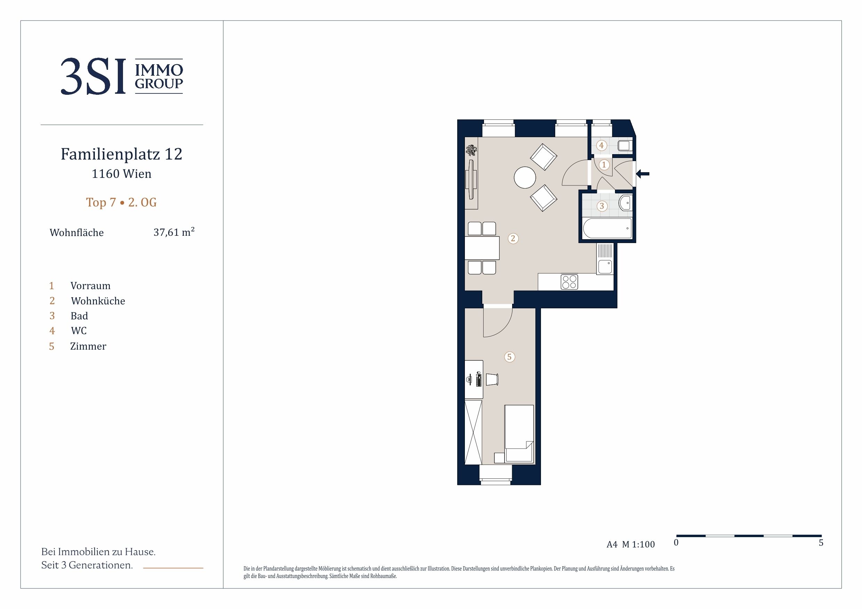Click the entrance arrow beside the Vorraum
click(643, 174)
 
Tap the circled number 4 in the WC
click(601, 145)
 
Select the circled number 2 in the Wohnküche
click(513, 238)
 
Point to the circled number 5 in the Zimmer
click(509, 357)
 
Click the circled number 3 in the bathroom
click(602, 206)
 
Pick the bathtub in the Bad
click(607, 228)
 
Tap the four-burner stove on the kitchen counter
click(569, 282)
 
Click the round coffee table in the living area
click(525, 177)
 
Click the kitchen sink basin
click(605, 267)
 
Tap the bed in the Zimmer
click(519, 434)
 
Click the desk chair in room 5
click(492, 379)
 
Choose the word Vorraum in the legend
click(90, 286)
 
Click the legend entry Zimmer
click(88, 346)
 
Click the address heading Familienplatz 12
click(122, 154)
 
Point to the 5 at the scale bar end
click(821, 543)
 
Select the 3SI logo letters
click(93, 76)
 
